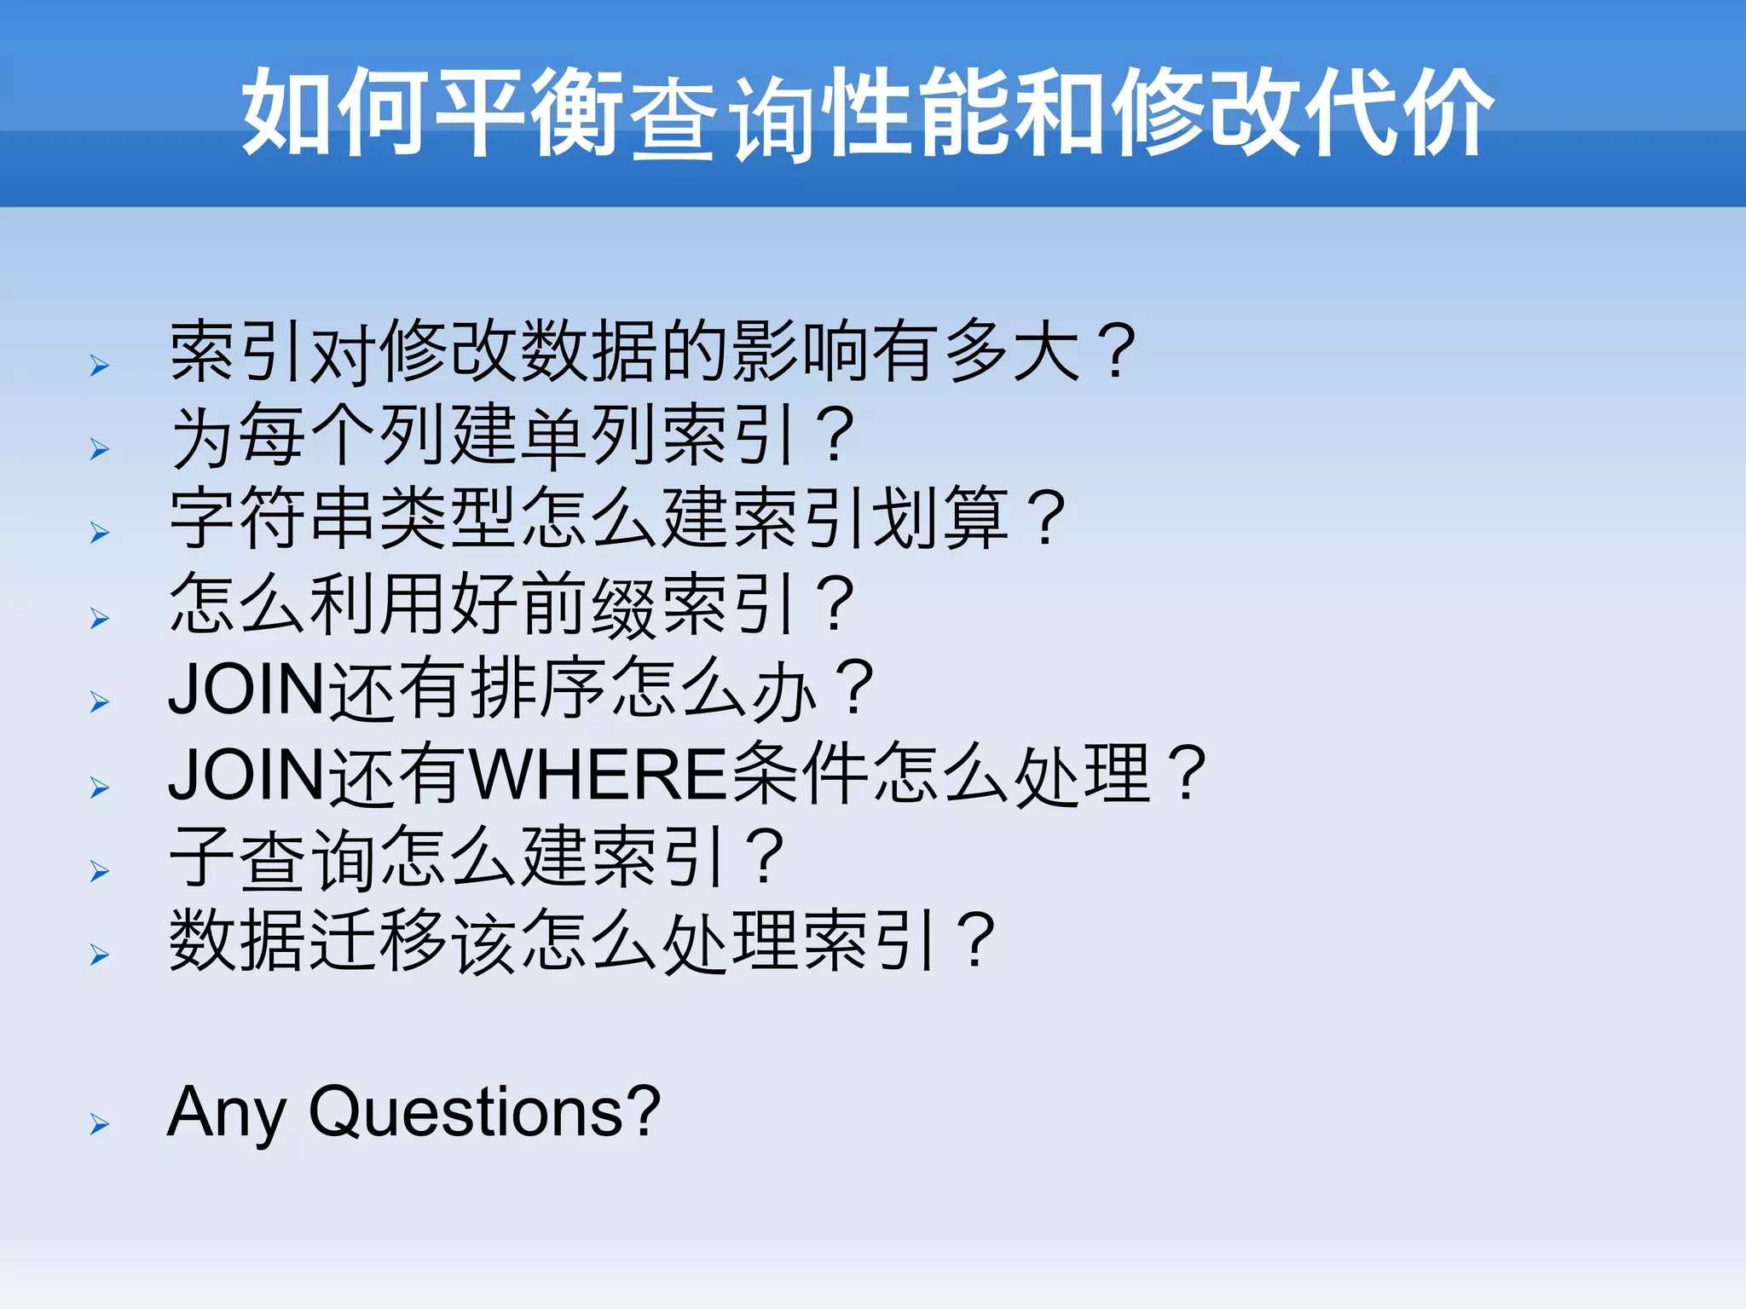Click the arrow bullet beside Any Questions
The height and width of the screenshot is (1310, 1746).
100,1124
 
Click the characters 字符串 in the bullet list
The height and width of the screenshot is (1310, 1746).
274,519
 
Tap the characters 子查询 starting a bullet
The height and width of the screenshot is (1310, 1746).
274,857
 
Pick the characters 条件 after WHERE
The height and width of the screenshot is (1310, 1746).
800,774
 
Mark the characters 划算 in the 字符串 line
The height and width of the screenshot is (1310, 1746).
939,519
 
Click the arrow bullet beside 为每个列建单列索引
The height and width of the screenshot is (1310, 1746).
100,448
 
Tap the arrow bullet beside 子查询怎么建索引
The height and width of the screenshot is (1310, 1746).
100,871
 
